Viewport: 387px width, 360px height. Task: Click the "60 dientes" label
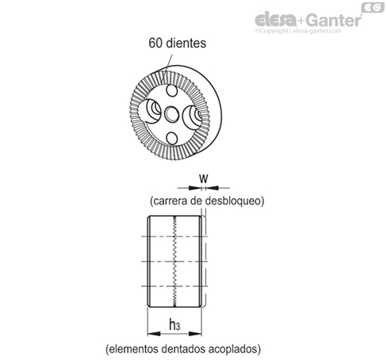[x=177, y=43]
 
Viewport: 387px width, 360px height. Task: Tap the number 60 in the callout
[x=155, y=43]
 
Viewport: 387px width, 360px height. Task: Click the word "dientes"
[x=186, y=43]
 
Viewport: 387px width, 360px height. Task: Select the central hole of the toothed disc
[x=172, y=114]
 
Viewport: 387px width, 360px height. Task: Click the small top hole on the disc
[x=172, y=90]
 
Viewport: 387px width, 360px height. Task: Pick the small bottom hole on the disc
[x=172, y=138]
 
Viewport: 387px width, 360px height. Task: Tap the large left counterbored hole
[x=150, y=111]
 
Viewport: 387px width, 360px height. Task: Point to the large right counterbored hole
[x=193, y=117]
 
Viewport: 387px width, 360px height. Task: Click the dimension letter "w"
[x=204, y=179]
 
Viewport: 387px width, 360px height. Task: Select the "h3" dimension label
[x=174, y=324]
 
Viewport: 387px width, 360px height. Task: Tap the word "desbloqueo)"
[x=235, y=201]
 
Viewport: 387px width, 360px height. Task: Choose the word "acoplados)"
[x=235, y=349]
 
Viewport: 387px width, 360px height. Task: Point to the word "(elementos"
[x=132, y=349]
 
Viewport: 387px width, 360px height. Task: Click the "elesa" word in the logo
[x=276, y=20]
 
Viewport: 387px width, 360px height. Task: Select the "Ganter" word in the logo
[x=335, y=20]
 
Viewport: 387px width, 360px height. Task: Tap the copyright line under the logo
[x=298, y=31]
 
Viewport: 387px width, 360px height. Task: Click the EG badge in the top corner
[x=373, y=7]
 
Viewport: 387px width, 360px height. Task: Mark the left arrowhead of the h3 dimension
[x=154, y=334]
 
